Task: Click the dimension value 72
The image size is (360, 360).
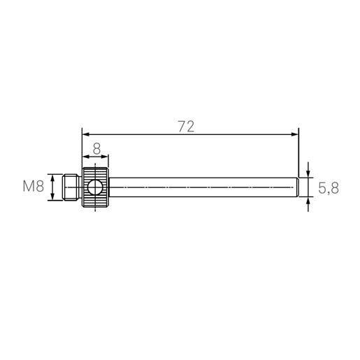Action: tap(186, 126)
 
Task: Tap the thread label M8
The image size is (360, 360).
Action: tap(33, 187)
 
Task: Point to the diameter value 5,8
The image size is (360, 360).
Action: tap(329, 187)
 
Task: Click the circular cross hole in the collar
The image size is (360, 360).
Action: tap(95, 187)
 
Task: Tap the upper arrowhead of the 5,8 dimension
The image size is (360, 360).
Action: tap(308, 175)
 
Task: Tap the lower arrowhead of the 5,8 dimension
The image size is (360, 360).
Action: tap(308, 199)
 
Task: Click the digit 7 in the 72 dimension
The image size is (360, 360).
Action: tap(181, 126)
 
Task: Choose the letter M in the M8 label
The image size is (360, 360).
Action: tap(29, 187)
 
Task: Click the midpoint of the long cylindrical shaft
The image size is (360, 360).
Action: tap(203, 187)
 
